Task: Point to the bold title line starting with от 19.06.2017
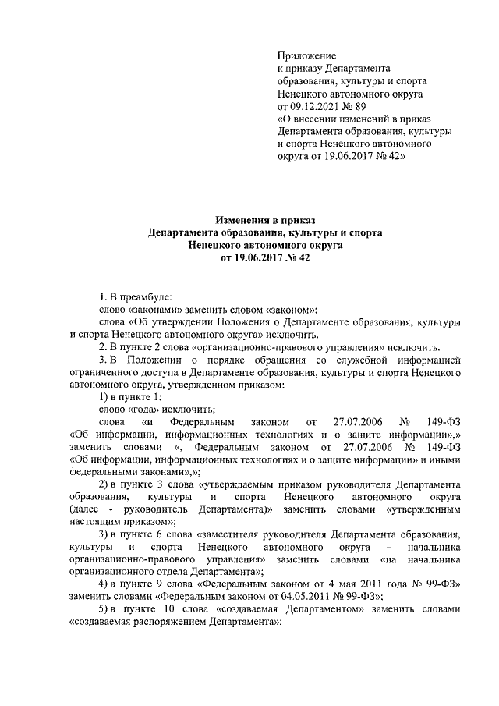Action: tap(249, 257)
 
